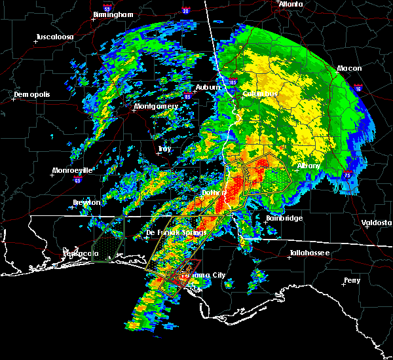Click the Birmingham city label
(x=113, y=14)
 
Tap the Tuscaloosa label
(x=54, y=37)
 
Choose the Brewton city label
(x=86, y=202)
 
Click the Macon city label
(x=350, y=68)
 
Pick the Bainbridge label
(x=284, y=218)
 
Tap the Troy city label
(x=164, y=149)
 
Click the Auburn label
(x=208, y=87)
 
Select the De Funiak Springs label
(x=176, y=232)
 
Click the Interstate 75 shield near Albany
(x=348, y=174)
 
